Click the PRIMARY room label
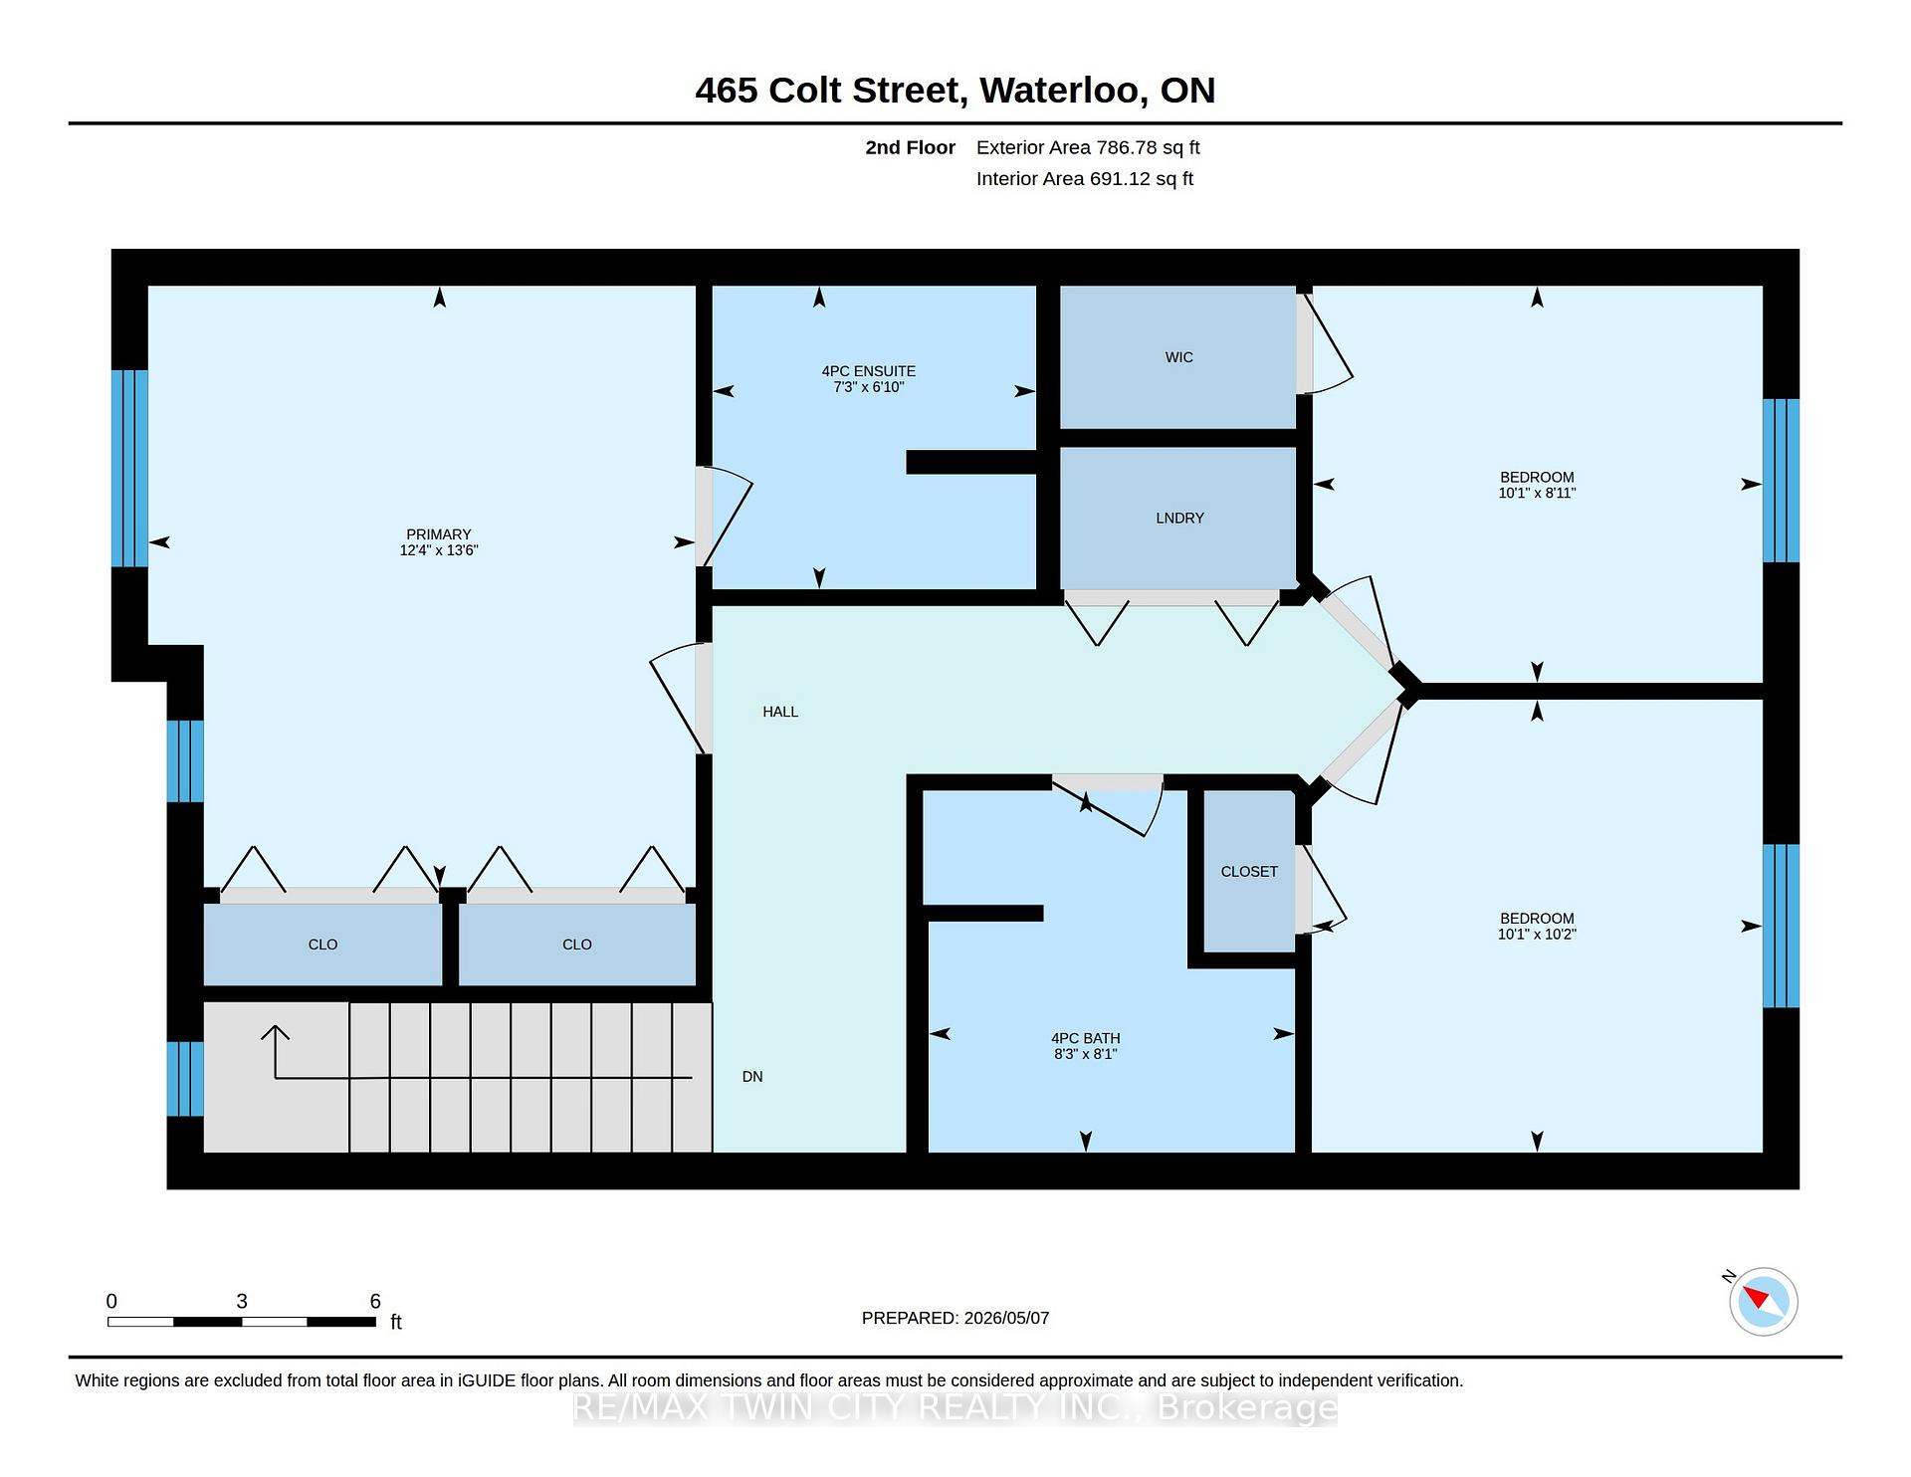(x=439, y=534)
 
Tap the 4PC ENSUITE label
(x=869, y=371)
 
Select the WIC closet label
(x=1179, y=357)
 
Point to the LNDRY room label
(x=1180, y=518)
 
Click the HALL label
(x=780, y=712)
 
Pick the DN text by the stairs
(x=752, y=1076)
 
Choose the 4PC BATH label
(x=1086, y=1038)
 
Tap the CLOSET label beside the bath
(x=1249, y=872)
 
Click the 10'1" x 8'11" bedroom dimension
(x=1538, y=493)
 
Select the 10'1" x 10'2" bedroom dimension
(x=1538, y=934)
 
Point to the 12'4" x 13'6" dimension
(x=439, y=550)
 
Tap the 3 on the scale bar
(x=242, y=1301)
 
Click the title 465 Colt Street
(x=830, y=91)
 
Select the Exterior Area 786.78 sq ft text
(x=1088, y=147)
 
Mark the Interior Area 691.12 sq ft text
(x=1085, y=179)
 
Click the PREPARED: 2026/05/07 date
(x=955, y=1318)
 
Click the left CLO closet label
(x=322, y=945)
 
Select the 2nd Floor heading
(x=910, y=147)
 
